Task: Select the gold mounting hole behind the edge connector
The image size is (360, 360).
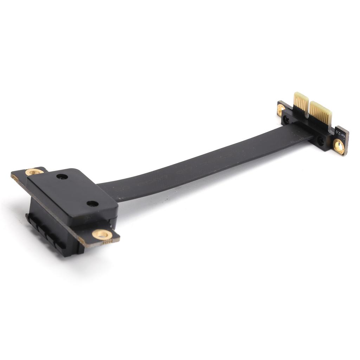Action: coord(281,109)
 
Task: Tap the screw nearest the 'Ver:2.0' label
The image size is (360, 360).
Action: coord(321,142)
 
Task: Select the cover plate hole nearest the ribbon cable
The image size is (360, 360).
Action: coord(92,204)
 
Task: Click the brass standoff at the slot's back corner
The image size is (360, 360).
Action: coord(34,172)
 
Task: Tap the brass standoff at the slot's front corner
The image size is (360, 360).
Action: coord(102,234)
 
